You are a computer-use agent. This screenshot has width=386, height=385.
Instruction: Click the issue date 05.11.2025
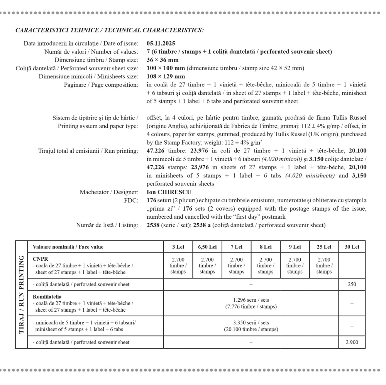click(161, 44)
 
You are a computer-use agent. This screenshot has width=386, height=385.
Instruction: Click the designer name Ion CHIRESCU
click(169, 192)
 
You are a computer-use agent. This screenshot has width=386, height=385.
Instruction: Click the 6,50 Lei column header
click(207, 247)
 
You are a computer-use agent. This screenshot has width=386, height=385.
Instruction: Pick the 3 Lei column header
click(178, 247)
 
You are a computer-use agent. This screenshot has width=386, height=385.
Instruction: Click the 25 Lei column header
click(324, 247)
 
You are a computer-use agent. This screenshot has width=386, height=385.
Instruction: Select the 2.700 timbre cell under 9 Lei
click(295, 265)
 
